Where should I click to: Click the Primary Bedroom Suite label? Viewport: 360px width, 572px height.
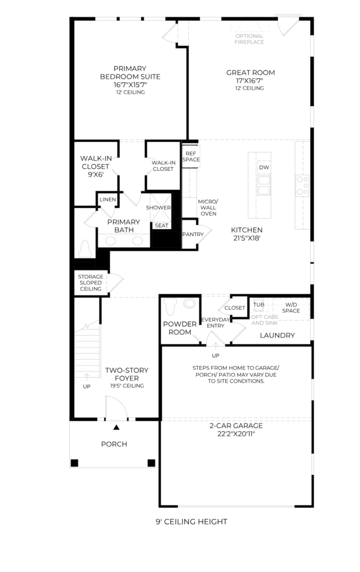[130, 73]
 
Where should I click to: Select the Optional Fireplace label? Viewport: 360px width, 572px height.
[249, 39]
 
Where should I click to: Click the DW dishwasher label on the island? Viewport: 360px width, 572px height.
[263, 168]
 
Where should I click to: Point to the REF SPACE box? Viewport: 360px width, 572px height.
[191, 156]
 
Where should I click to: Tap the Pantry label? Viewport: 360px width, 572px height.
[193, 235]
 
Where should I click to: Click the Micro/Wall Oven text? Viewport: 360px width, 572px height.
[208, 207]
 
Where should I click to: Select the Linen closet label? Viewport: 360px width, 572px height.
[107, 199]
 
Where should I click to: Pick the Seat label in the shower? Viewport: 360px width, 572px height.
[162, 226]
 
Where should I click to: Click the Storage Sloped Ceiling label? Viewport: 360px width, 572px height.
[90, 283]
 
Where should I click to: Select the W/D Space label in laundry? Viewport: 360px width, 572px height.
[291, 307]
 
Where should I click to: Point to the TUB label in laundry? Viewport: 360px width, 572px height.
[258, 305]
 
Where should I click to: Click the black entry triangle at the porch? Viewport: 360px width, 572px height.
[116, 427]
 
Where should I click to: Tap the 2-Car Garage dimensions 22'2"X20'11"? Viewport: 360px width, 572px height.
[235, 433]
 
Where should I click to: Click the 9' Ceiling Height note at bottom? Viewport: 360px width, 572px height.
[191, 522]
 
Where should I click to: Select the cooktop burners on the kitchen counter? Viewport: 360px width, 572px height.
[302, 185]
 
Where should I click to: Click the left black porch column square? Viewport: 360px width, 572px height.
[74, 463]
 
